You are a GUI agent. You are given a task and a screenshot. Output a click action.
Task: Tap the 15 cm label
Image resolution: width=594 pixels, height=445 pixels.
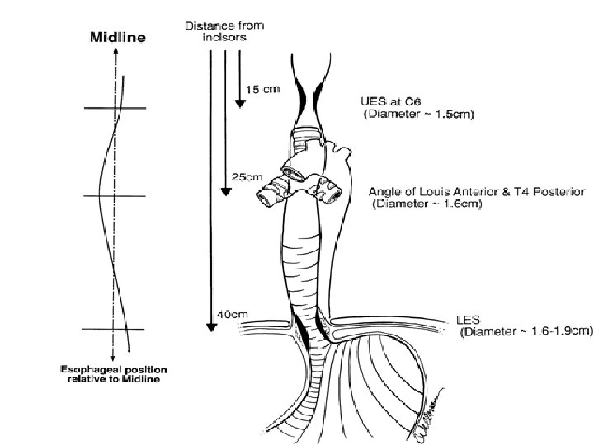pos(265,89)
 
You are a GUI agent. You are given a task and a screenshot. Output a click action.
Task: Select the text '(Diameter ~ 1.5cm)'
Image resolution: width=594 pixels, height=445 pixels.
pos(418,115)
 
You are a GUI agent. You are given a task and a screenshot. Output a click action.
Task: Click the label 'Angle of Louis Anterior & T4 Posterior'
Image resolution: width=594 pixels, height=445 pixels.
pos(477,191)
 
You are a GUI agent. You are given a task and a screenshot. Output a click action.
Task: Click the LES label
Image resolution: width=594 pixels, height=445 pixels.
pos(468,319)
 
